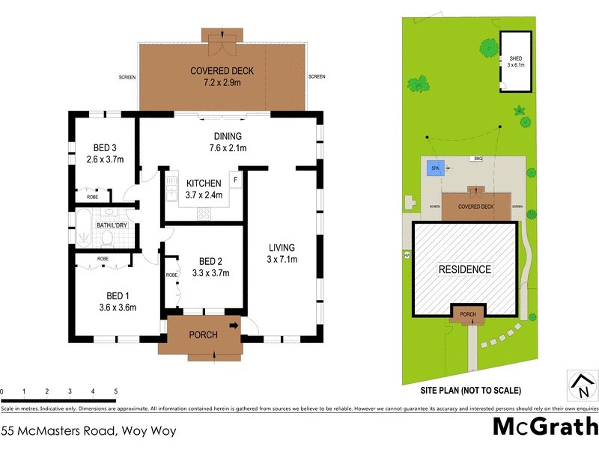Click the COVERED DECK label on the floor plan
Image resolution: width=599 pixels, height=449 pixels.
[222, 71]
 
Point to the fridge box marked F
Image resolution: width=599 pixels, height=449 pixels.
[234, 180]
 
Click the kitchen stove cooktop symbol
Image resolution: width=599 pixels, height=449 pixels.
[204, 213]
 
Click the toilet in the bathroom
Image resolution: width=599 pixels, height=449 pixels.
[107, 237]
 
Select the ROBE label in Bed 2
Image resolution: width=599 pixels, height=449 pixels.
[172, 275]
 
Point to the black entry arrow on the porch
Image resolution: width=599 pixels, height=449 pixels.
[234, 326]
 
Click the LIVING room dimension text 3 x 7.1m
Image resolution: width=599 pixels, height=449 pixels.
[283, 260]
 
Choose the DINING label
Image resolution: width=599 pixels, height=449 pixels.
[228, 136]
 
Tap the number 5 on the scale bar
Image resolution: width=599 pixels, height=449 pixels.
[115, 391]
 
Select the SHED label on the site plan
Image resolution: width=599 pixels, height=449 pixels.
[515, 58]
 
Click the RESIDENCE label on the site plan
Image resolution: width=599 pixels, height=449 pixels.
[464, 269]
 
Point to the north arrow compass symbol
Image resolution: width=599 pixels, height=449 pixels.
[581, 386]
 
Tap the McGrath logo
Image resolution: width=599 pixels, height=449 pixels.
[544, 427]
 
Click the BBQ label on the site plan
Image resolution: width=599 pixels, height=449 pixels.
[477, 159]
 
